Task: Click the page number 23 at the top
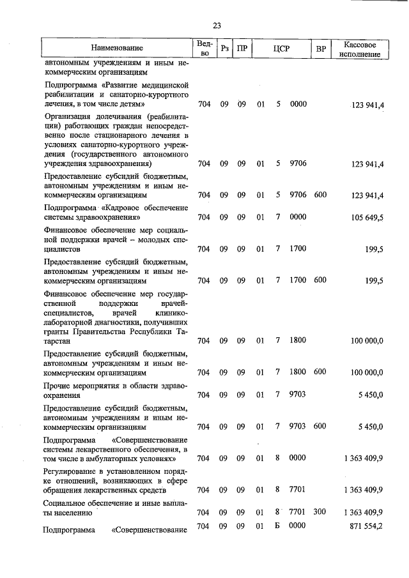[217, 26]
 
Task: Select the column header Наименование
[117, 48]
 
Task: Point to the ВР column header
[321, 48]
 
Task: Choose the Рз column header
[224, 48]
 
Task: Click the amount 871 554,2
[363, 526]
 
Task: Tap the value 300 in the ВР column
[320, 512]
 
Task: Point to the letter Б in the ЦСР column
[279, 526]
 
